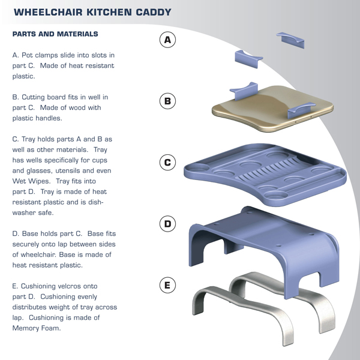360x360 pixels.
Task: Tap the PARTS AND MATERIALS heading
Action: coord(55,34)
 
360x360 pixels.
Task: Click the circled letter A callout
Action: coord(168,40)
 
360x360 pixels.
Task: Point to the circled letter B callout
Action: coord(168,101)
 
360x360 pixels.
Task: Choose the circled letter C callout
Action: coord(168,162)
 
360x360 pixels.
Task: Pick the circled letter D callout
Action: coord(168,224)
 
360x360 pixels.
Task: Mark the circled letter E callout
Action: coord(168,284)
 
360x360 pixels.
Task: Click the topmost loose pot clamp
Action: coord(290,38)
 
